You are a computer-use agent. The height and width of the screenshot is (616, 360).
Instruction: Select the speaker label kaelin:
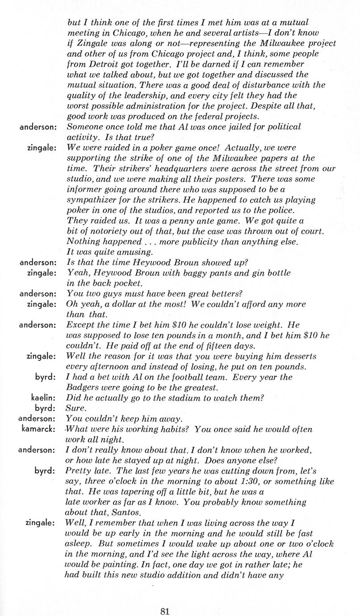(x=43, y=397)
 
